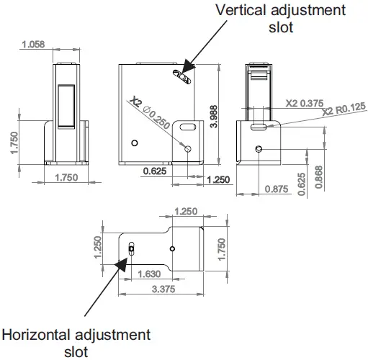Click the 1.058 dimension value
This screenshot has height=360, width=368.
[x=32, y=45]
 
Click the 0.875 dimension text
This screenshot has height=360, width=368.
[x=277, y=189]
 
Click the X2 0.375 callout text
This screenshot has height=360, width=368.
[x=305, y=104]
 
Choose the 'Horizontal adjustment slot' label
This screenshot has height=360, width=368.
[x=76, y=343]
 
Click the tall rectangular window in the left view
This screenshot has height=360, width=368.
[x=66, y=107]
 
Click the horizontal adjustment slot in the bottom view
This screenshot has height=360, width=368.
[x=131, y=249]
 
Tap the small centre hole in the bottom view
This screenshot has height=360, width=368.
[x=171, y=248]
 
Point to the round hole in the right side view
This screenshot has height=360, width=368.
[x=259, y=149]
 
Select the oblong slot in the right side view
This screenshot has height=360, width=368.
[x=259, y=127]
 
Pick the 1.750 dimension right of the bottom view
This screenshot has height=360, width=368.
[x=221, y=248]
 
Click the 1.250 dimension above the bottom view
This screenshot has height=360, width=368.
[x=186, y=211]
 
